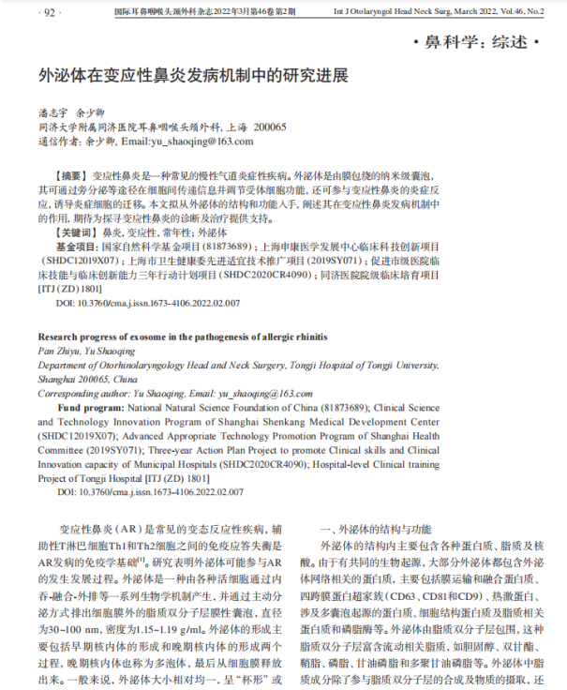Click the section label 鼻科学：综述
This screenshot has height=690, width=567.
477,43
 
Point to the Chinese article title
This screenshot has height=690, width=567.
192,74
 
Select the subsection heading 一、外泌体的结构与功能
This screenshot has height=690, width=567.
376,529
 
